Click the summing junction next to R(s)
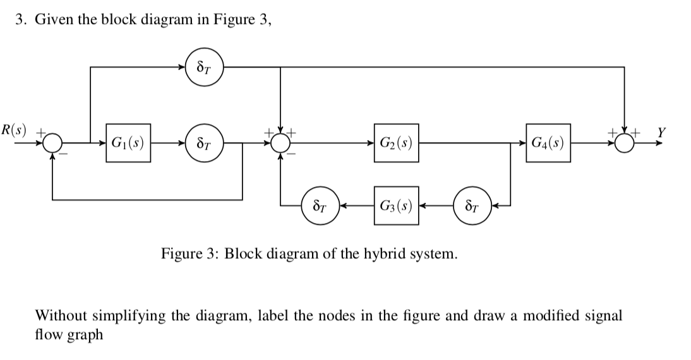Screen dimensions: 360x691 point(52,143)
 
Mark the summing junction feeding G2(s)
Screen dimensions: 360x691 point(280,143)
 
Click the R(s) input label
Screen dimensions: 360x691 point(13,132)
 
